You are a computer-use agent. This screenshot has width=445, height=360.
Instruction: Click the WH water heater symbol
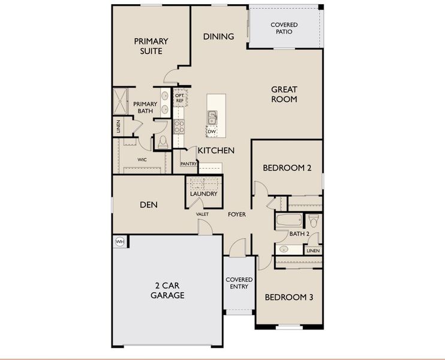point(119,242)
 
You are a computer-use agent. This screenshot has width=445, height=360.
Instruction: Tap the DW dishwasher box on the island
point(212,131)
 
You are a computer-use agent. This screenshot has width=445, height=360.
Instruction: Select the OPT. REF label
point(179,98)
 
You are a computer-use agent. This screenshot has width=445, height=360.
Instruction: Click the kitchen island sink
point(212,116)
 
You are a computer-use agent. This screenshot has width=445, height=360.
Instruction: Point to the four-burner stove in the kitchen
point(179,125)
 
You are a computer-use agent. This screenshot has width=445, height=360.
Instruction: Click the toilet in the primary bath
point(163,142)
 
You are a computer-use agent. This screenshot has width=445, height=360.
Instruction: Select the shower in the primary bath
point(120,101)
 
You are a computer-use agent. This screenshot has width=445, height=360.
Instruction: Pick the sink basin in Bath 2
point(284,248)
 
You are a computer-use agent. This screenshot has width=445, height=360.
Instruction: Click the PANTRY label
point(189,163)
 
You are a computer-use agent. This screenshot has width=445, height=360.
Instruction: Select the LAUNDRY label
point(203,194)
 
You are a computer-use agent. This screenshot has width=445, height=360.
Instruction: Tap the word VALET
point(202,214)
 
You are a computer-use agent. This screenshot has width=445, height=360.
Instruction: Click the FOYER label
point(236,214)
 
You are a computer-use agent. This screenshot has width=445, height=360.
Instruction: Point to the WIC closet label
point(142,160)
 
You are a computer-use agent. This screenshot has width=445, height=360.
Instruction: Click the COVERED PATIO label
point(284,28)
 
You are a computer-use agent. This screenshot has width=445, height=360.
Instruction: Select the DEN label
point(149,205)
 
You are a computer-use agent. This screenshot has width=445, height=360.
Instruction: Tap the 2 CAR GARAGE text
point(167,291)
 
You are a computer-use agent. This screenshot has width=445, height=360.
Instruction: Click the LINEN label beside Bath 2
point(313,250)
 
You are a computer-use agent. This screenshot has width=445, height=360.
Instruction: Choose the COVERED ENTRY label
point(239,283)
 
